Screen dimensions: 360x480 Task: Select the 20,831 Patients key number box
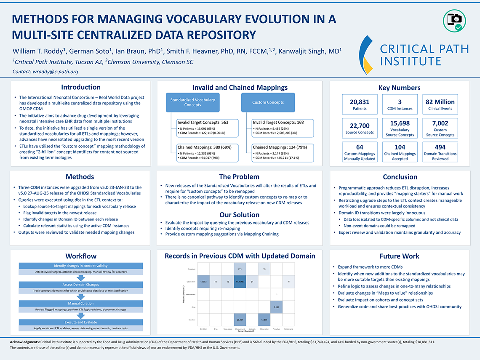pyautogui.click(x=359, y=104)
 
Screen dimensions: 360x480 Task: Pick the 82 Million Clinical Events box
pyautogui.click(x=440, y=104)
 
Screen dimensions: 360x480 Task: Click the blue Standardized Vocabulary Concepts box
pyautogui.click(x=192, y=102)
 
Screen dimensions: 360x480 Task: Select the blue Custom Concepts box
pyautogui.click(x=268, y=102)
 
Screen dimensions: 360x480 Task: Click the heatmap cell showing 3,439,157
pyautogui.click(x=240, y=281)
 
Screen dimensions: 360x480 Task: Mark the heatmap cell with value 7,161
pyautogui.click(x=277, y=307)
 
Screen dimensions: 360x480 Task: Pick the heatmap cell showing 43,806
pyautogui.click(x=264, y=320)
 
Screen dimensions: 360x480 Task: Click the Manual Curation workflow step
pyautogui.click(x=81, y=303)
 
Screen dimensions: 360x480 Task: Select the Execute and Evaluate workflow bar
pyautogui.click(x=81, y=322)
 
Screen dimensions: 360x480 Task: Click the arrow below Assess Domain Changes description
pyautogui.click(x=81, y=297)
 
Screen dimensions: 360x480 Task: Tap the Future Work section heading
pyautogui.click(x=400, y=256)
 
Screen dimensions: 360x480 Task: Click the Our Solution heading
pyautogui.click(x=239, y=215)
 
